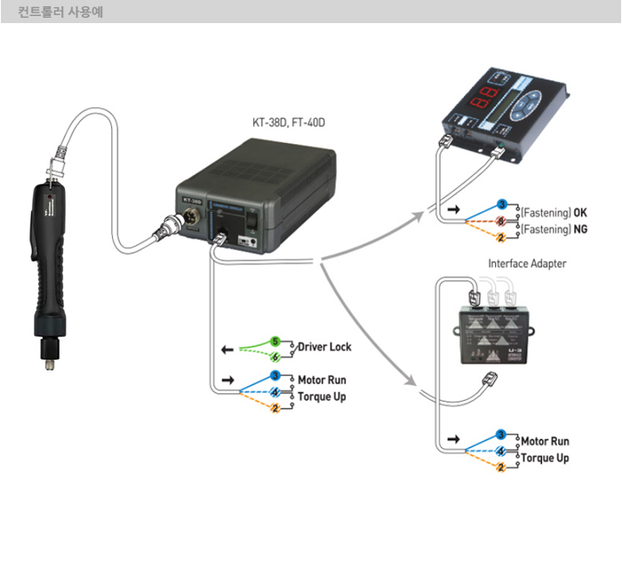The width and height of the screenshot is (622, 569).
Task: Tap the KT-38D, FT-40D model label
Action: (x=289, y=121)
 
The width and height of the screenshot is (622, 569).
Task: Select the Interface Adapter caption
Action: (x=527, y=263)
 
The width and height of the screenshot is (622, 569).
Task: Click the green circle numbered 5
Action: (x=275, y=341)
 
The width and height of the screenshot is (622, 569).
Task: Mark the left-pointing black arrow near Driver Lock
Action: (x=227, y=348)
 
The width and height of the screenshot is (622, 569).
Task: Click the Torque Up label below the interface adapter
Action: (x=545, y=458)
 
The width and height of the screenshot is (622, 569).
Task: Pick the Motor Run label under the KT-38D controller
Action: (x=322, y=380)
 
